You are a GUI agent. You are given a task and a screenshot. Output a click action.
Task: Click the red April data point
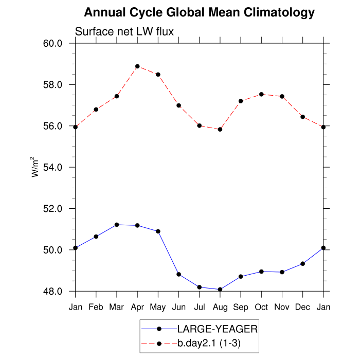137,66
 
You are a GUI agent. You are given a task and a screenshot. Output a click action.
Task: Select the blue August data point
220,290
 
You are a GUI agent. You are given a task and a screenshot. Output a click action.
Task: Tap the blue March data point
117,225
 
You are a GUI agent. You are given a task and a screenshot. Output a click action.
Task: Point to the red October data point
261,94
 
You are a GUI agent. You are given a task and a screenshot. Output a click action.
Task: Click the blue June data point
178,274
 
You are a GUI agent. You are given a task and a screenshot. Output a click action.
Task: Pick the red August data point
220,129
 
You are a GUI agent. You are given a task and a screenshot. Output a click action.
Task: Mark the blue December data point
302,263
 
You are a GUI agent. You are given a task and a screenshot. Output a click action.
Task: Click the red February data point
96,109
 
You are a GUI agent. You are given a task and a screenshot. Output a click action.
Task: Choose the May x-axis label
158,307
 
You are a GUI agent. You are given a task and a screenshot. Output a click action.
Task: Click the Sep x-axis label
241,307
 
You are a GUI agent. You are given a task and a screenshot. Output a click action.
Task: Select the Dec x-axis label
302,307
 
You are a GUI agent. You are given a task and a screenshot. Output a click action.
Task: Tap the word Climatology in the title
272,12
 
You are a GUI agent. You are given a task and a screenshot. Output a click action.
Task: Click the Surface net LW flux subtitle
124,31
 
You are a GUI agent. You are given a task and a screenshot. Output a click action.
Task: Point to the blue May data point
158,231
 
